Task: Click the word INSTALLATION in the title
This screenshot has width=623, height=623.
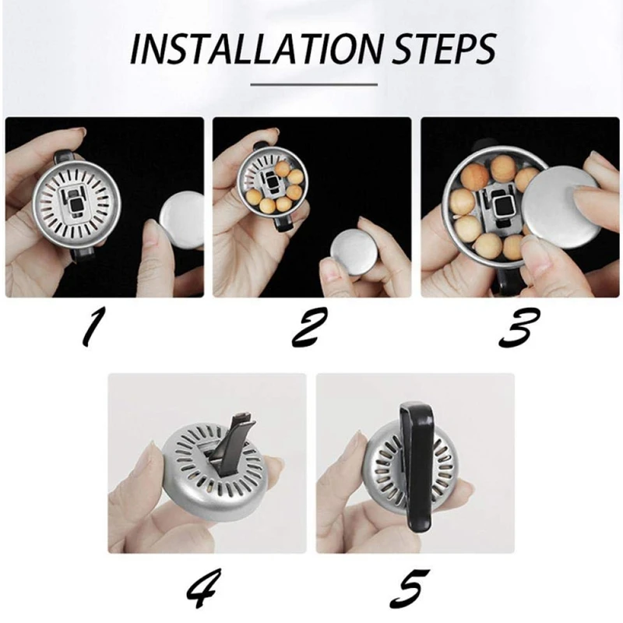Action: pyautogui.click(x=256, y=49)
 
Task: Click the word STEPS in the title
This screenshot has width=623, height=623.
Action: pyautogui.click(x=445, y=49)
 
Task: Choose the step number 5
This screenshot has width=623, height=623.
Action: pyautogui.click(x=410, y=588)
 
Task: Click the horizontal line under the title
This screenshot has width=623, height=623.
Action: pyautogui.click(x=314, y=85)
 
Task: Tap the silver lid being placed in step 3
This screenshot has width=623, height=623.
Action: pyautogui.click(x=561, y=206)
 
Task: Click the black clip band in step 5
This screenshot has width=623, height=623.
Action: pyautogui.click(x=416, y=468)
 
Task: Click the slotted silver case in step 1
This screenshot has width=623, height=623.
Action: pyautogui.click(x=76, y=205)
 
